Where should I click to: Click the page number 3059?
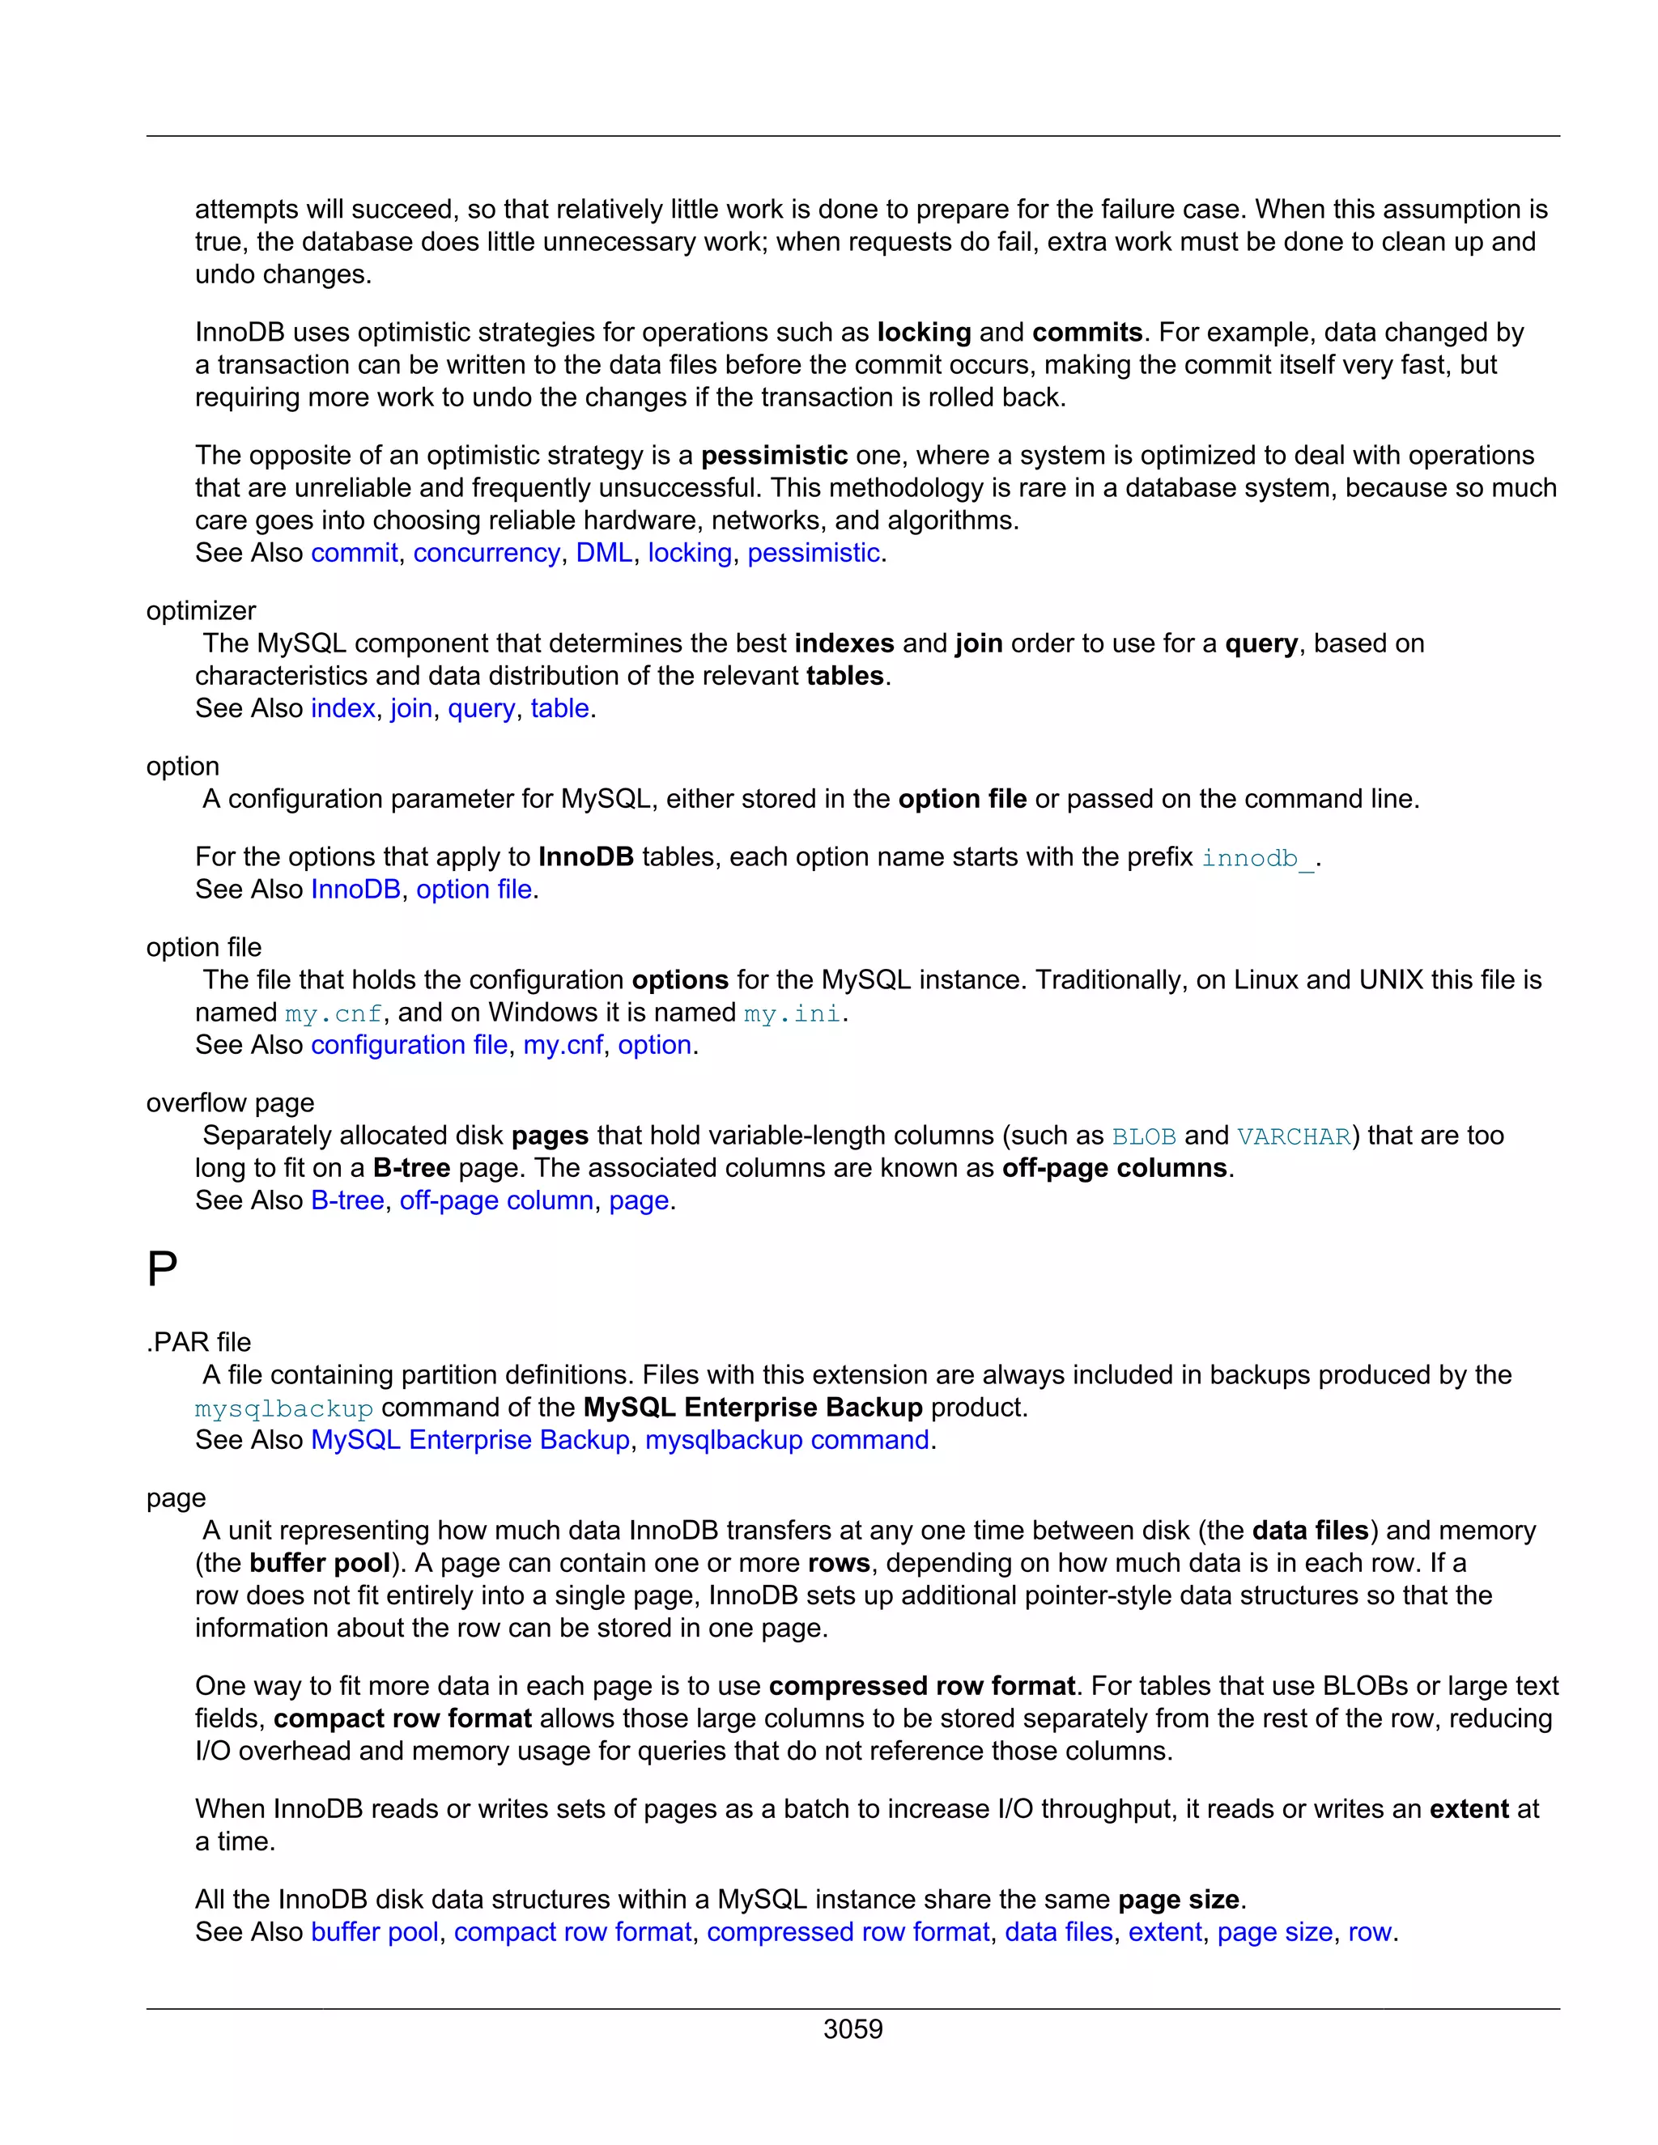pos(852,2029)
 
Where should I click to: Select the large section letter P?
pos(162,1271)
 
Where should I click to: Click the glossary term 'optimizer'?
pos(201,611)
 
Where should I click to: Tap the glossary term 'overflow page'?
pos(230,1103)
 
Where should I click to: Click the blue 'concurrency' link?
pos(487,553)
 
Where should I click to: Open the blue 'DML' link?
pos(603,553)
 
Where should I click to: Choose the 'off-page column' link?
pos(496,1200)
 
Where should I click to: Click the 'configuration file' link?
pos(409,1045)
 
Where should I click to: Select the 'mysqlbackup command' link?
pos(787,1440)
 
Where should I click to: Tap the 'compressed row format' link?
pos(848,1932)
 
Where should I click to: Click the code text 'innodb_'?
pos(1257,858)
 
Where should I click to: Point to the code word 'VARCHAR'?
pos(1293,1136)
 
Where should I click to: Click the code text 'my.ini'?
pos(792,1013)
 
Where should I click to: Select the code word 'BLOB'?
pos(1143,1136)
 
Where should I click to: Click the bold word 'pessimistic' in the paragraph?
pos(774,456)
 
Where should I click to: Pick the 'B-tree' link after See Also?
pos(346,1200)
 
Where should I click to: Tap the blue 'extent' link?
pos(1164,1932)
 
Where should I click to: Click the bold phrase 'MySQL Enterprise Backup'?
pos(752,1408)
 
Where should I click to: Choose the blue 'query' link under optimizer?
pos(480,709)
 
